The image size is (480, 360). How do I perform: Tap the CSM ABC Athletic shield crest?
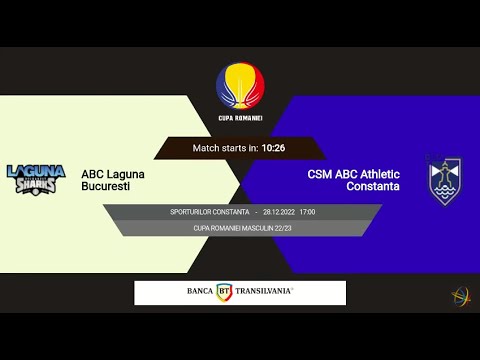pyautogui.click(x=445, y=181)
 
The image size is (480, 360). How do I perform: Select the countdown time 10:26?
pyautogui.click(x=273, y=148)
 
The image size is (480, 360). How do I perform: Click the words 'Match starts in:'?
pyautogui.click(x=225, y=148)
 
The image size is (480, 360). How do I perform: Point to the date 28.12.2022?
pyautogui.click(x=278, y=212)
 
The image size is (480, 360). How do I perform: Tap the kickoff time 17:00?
pyautogui.click(x=307, y=212)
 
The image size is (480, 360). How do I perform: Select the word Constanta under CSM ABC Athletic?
pyautogui.click(x=373, y=187)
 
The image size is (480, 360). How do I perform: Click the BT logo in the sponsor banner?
pyautogui.click(x=224, y=292)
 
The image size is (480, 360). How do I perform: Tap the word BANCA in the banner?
pyautogui.click(x=199, y=292)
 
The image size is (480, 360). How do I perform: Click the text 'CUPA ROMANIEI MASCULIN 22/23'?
pyautogui.click(x=240, y=228)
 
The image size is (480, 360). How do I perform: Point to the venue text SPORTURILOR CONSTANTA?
pyautogui.click(x=209, y=212)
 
